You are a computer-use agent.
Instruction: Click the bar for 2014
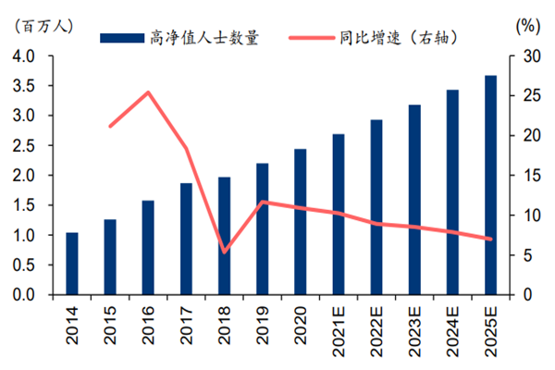tap(72, 264)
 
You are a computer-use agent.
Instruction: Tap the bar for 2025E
tap(490, 185)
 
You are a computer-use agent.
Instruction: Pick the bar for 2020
tap(301, 222)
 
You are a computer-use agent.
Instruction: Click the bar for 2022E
tap(376, 207)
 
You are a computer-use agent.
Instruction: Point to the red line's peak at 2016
tap(148, 92)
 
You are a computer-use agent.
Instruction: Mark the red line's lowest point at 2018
tap(225, 252)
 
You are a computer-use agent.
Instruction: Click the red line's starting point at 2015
tap(110, 126)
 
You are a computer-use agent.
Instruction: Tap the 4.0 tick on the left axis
tap(24, 56)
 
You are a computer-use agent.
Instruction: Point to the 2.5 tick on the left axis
tap(24, 146)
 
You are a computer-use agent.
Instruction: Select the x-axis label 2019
tap(263, 319)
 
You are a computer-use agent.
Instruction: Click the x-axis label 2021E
tap(339, 324)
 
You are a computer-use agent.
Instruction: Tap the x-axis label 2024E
tap(452, 324)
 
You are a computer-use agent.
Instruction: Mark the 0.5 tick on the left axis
tap(24, 265)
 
